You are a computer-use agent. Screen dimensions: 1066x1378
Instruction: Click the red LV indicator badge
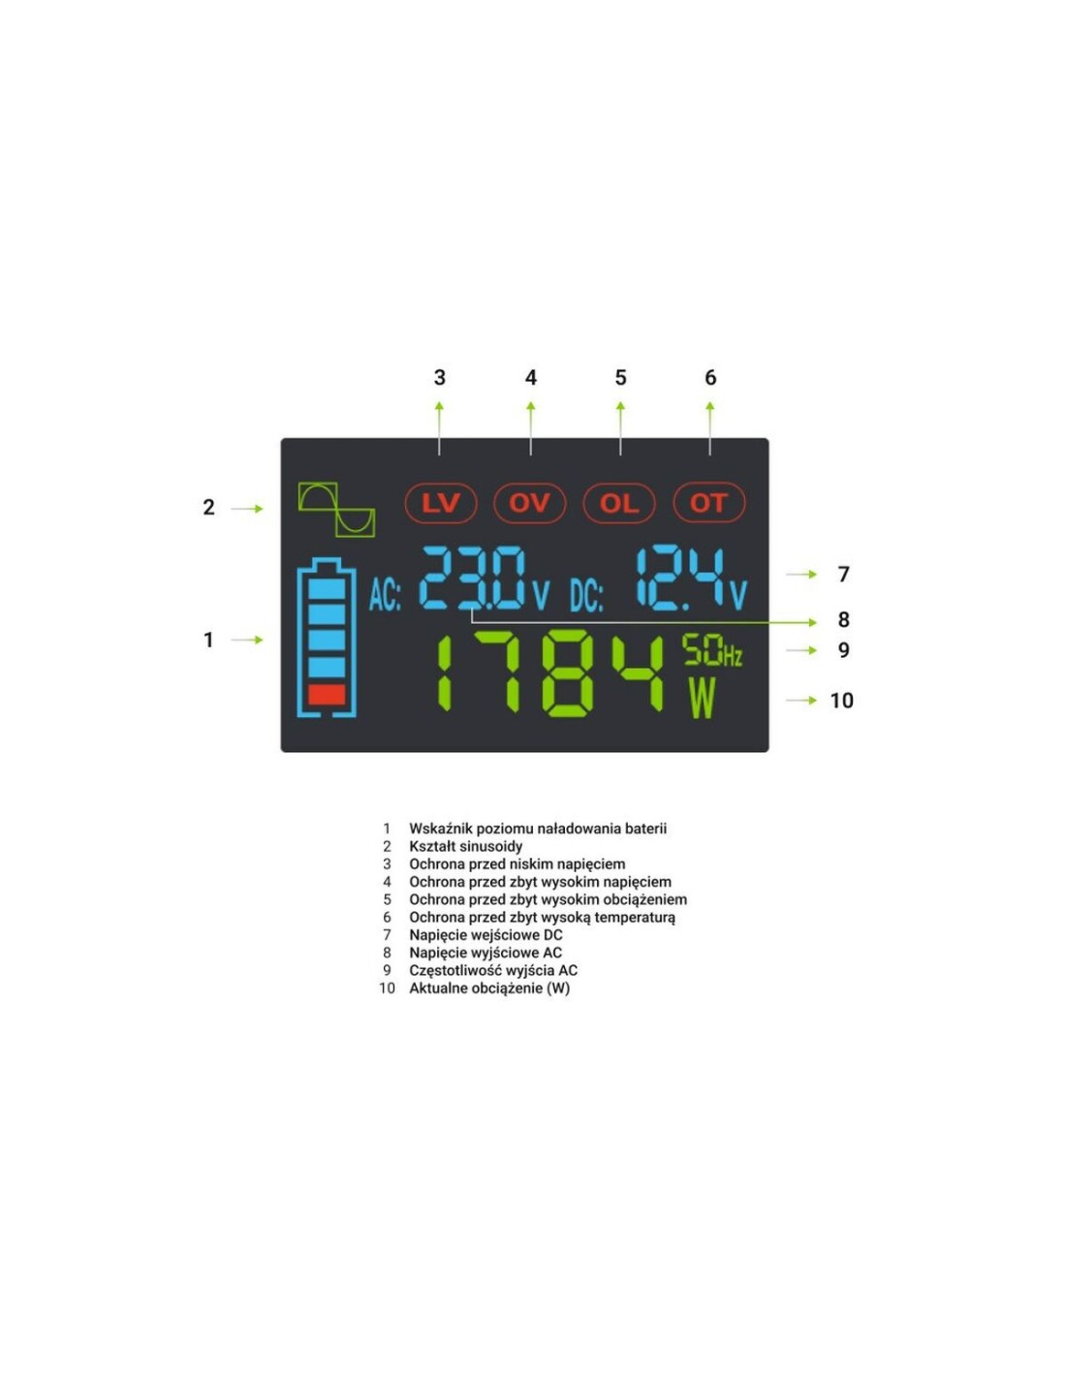441,503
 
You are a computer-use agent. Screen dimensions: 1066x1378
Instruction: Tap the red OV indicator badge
529,503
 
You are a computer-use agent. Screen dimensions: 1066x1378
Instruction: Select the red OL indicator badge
619,503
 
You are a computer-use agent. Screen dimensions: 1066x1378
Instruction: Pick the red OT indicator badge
708,503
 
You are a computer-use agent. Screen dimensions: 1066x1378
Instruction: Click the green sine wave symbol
336,510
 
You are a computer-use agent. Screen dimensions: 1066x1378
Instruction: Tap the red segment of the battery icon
327,695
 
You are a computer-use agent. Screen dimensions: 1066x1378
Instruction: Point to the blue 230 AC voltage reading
473,578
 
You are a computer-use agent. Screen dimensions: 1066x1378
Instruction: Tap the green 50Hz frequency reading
712,650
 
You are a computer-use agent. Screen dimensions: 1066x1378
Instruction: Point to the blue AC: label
385,595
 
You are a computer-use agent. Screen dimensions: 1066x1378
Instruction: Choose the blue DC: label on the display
586,595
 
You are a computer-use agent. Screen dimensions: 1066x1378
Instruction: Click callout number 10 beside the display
841,701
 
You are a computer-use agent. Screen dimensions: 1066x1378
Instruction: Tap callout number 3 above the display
439,378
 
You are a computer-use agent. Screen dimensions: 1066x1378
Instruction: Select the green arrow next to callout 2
247,509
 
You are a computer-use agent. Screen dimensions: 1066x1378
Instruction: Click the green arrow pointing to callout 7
801,574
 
